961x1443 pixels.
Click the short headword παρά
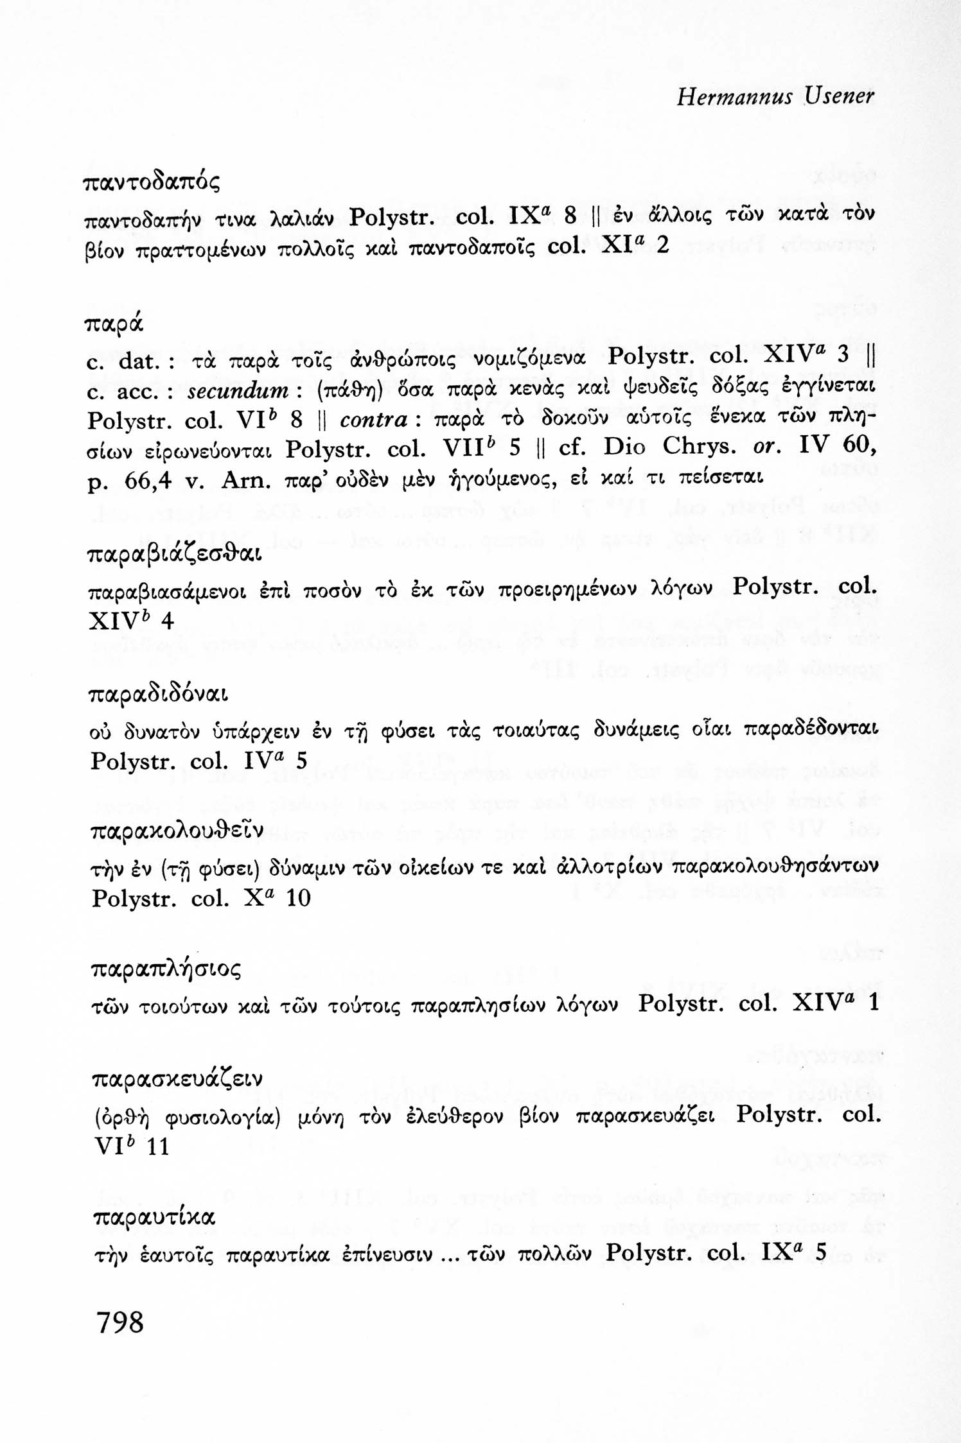[115, 323]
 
